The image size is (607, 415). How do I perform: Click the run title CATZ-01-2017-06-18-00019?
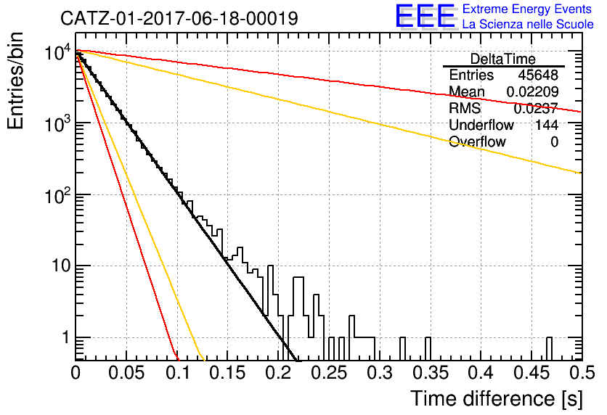(179, 18)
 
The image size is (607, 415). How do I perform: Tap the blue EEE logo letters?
(425, 16)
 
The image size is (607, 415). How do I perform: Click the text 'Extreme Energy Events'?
(527, 9)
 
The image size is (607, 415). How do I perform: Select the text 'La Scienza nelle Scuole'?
(528, 24)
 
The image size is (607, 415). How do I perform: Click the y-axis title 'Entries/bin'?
(15, 81)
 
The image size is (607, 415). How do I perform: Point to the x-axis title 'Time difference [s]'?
(497, 399)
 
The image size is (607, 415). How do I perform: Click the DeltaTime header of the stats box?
(503, 59)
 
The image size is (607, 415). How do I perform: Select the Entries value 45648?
(538, 75)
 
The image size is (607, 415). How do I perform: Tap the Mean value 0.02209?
(532, 91)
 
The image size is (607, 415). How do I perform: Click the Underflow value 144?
(547, 125)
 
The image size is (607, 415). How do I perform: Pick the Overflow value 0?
(554, 142)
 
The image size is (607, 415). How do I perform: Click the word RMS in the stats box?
(465, 108)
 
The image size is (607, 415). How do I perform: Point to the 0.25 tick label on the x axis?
(330, 373)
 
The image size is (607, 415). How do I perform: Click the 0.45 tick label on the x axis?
(531, 373)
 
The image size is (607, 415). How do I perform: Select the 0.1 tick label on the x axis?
(178, 373)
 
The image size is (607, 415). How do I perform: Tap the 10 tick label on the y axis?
(61, 266)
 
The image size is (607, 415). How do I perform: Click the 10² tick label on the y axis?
(57, 195)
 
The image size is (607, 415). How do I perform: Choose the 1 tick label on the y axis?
(65, 337)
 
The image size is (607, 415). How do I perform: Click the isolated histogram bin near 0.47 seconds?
(549, 349)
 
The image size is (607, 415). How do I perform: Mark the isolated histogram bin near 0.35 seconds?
(428, 349)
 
